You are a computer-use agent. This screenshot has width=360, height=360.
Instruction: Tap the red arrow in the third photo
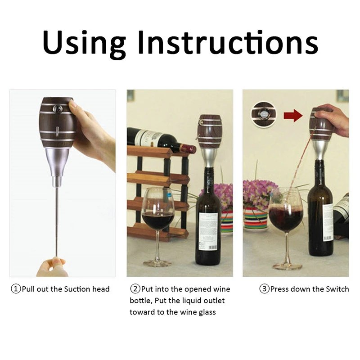pos(293,116)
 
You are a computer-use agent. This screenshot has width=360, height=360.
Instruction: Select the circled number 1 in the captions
pos(16,289)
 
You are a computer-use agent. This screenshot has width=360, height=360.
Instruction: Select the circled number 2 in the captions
pos(135,289)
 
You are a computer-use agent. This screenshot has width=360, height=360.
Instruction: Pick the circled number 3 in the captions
pos(264,289)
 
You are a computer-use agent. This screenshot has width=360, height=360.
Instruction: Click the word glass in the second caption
pos(205,312)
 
